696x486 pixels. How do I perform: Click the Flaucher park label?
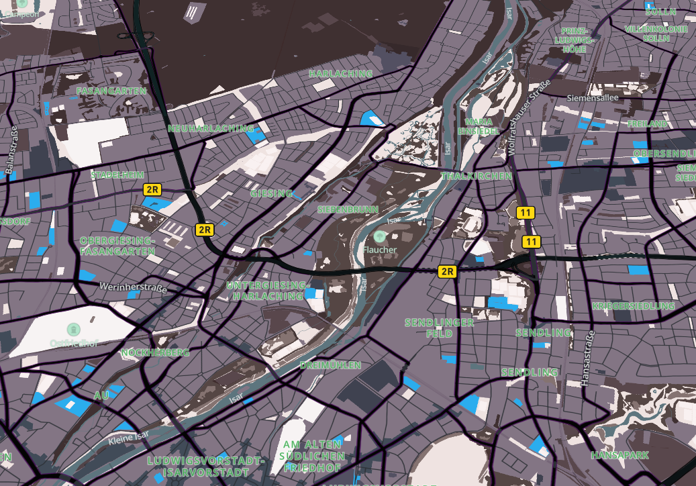click(x=381, y=250)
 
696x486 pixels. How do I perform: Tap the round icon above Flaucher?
click(x=381, y=236)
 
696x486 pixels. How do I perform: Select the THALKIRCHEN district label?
click(x=477, y=176)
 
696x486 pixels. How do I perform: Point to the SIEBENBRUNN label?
click(x=348, y=209)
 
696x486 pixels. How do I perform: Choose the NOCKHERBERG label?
click(x=155, y=352)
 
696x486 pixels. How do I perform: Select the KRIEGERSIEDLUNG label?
click(x=633, y=306)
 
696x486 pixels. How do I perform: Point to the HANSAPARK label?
click(x=619, y=455)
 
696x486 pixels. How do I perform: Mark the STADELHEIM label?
click(x=117, y=175)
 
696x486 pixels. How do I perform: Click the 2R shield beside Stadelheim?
click(x=152, y=190)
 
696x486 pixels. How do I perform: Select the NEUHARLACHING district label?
click(x=211, y=128)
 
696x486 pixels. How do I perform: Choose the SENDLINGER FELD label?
click(x=439, y=328)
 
